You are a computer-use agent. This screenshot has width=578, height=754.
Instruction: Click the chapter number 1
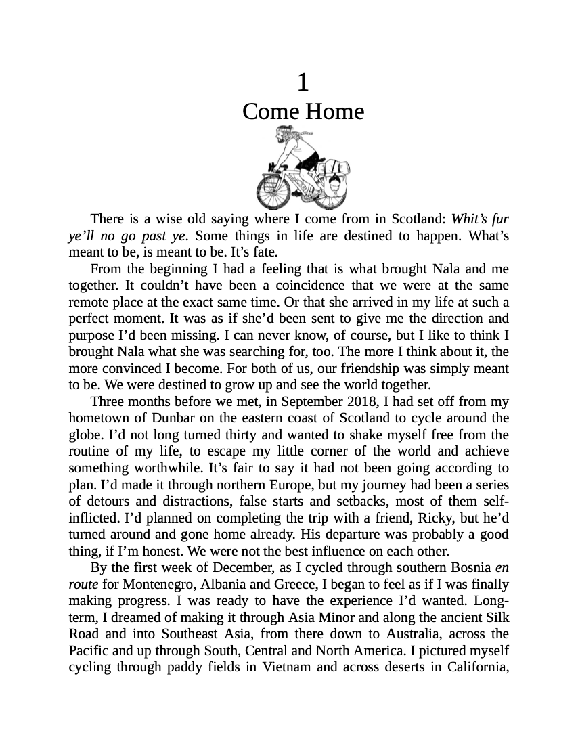point(303,83)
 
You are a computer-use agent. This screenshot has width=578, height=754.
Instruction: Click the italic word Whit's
point(466,219)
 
